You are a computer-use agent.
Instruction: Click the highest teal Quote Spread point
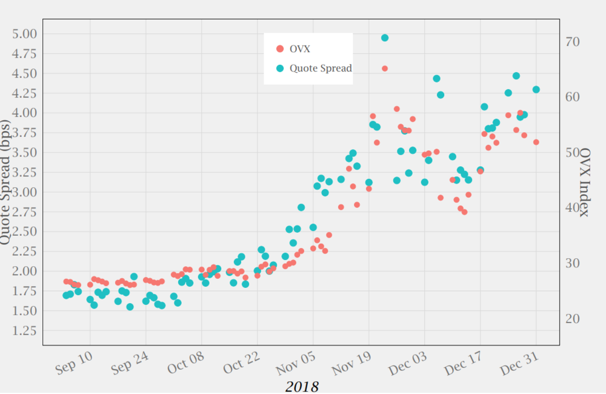[385, 38]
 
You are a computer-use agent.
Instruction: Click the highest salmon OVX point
[385, 68]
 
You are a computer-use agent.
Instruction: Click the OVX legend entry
[300, 49]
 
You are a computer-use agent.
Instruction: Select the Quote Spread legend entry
[320, 68]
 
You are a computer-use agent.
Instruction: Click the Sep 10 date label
[75, 362]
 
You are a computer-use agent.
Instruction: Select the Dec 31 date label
[520, 362]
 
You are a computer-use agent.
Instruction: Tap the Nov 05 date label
[297, 362]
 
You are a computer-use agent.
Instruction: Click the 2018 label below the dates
[302, 386]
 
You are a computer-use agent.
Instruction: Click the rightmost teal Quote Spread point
[536, 90]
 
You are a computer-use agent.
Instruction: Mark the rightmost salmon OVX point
[536, 142]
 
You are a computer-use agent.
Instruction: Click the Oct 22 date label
[242, 362]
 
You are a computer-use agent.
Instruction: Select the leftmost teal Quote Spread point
[66, 295]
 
